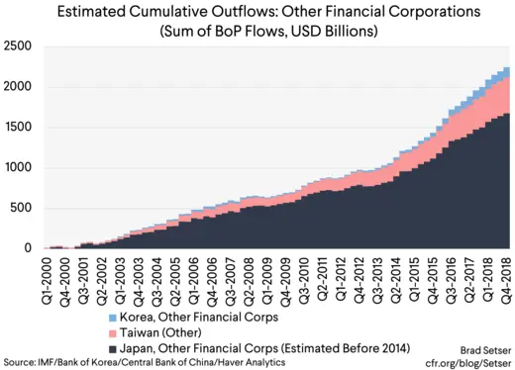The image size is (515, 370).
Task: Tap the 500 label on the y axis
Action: pos(22,208)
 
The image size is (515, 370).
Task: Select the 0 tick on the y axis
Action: pos(29,248)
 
